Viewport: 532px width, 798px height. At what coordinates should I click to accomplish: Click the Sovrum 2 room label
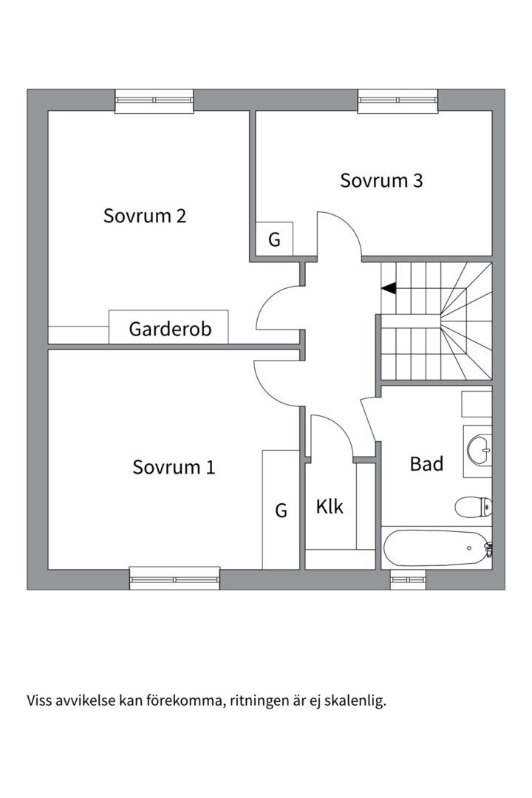tap(145, 216)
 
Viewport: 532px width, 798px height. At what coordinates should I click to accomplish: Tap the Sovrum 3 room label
tap(381, 181)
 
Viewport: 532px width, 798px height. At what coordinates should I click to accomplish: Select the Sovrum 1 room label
tap(174, 467)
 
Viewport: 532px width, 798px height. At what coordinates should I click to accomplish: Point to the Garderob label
tap(170, 329)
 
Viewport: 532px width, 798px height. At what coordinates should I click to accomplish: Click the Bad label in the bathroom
tap(426, 464)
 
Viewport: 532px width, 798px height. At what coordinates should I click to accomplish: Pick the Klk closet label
tap(330, 506)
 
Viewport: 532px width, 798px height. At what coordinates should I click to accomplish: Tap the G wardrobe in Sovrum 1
tap(281, 509)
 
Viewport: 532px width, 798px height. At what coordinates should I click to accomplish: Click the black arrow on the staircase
tap(389, 288)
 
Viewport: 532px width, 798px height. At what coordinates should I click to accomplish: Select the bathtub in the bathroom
tap(434, 548)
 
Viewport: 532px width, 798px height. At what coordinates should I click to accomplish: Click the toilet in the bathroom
tap(473, 507)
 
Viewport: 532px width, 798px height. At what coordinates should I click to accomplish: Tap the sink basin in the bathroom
tap(479, 450)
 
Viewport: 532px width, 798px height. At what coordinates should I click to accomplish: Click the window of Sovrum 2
tap(154, 100)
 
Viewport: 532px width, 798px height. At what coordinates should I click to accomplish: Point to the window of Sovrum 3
tap(398, 100)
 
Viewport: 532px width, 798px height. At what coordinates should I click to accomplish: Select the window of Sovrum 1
tap(174, 579)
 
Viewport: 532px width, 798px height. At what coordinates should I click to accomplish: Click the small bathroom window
tap(408, 579)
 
